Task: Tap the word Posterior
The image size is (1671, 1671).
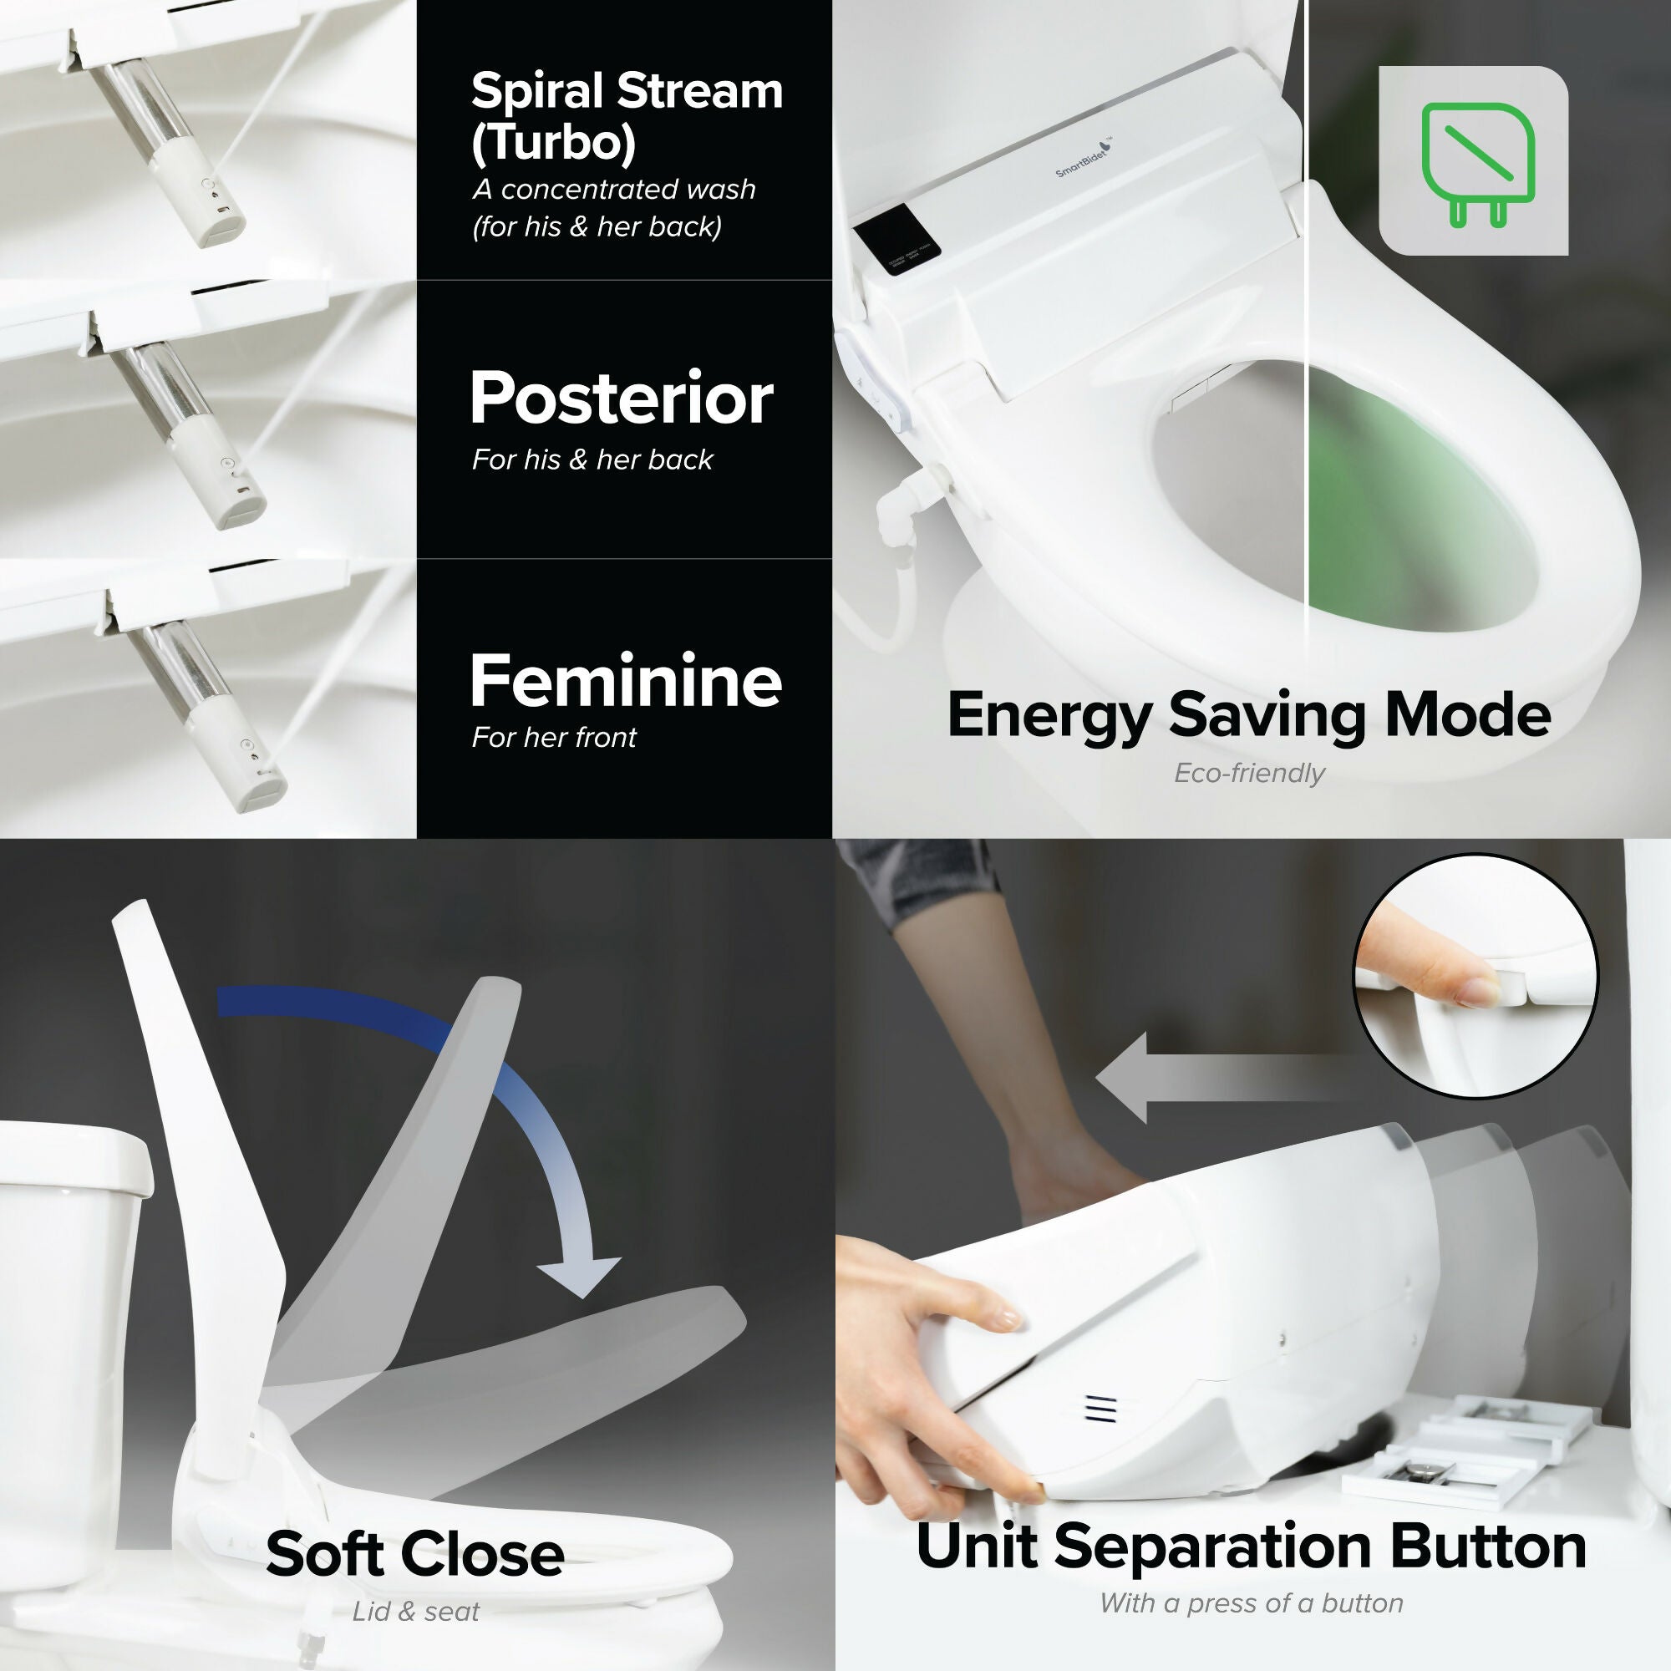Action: point(621,399)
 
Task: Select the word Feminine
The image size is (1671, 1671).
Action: point(625,681)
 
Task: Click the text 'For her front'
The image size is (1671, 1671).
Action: point(554,738)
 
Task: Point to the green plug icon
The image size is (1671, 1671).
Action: point(1477,165)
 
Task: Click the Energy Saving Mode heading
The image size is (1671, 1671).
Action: point(1249,715)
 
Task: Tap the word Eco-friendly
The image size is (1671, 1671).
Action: point(1249,773)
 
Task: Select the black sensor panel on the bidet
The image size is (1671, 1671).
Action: point(896,241)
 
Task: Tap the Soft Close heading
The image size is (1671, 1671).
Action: point(415,1554)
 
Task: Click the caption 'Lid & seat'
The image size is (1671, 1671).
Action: point(415,1613)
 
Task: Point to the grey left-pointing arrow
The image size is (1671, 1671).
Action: point(1220,1078)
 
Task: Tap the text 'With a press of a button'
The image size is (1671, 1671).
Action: point(1251,1603)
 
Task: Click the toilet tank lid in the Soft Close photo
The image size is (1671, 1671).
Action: point(76,1159)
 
